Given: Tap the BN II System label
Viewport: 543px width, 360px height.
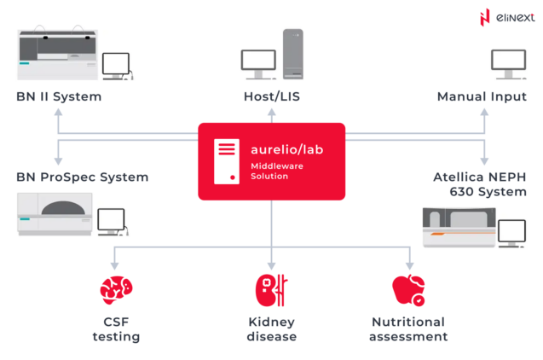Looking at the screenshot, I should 59,96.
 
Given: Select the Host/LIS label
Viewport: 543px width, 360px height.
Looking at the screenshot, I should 271,96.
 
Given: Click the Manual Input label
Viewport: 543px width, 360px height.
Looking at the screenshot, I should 482,96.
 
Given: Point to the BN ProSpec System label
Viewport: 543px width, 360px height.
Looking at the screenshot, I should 82,177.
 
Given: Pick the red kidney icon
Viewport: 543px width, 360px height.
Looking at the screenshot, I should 271,290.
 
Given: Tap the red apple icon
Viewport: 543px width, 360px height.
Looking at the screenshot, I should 407,291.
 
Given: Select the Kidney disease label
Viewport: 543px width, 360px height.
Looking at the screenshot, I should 272,329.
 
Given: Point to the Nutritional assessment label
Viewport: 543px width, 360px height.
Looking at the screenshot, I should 408,329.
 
